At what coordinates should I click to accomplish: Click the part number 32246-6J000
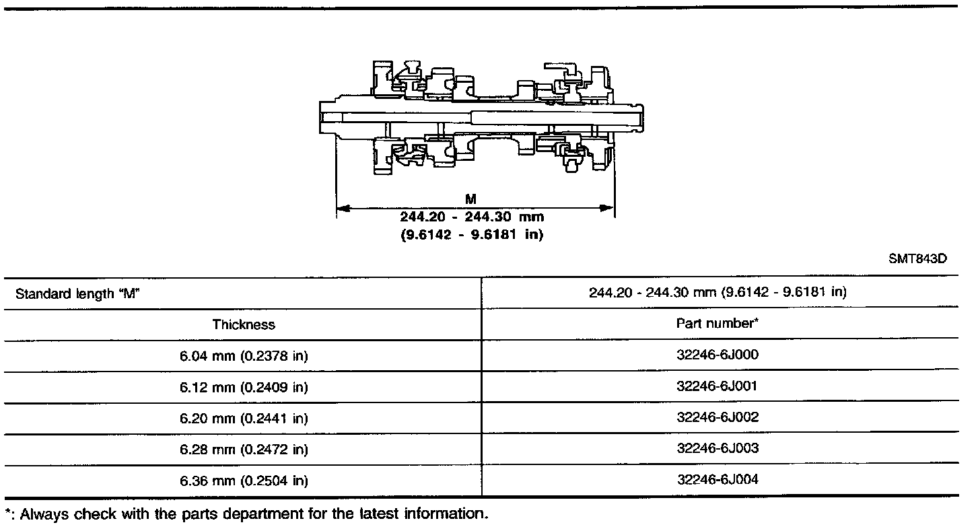pos(717,355)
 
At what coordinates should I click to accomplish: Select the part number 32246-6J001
pos(717,386)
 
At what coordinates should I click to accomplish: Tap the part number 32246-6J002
pos(717,417)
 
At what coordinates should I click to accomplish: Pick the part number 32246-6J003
pos(717,448)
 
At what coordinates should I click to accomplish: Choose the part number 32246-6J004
pos(717,480)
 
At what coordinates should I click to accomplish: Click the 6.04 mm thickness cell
pos(244,356)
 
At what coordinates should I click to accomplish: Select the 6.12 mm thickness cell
pos(244,387)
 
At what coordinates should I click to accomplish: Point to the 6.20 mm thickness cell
pos(244,418)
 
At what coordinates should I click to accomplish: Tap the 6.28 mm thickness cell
pos(244,449)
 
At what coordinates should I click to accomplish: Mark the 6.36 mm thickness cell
pos(244,481)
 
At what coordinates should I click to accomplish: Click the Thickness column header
pos(244,324)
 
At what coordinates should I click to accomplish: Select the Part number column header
pos(717,323)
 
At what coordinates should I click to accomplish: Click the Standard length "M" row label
pos(77,293)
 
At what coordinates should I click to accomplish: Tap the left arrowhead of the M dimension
pos(341,209)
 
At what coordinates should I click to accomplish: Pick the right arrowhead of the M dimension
pos(609,209)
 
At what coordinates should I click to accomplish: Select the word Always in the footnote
pos(43,514)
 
